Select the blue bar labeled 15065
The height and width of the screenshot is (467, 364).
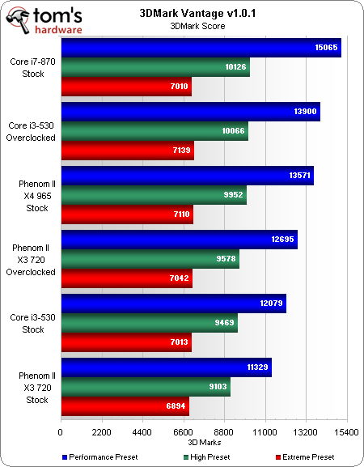click(x=201, y=48)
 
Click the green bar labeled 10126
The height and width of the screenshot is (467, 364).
click(x=154, y=67)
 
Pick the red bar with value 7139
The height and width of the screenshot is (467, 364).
click(x=127, y=151)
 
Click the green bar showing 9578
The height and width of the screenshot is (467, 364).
click(x=150, y=260)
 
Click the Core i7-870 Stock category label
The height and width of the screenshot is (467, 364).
click(x=32, y=67)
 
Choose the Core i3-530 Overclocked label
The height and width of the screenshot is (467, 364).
click(x=32, y=131)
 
